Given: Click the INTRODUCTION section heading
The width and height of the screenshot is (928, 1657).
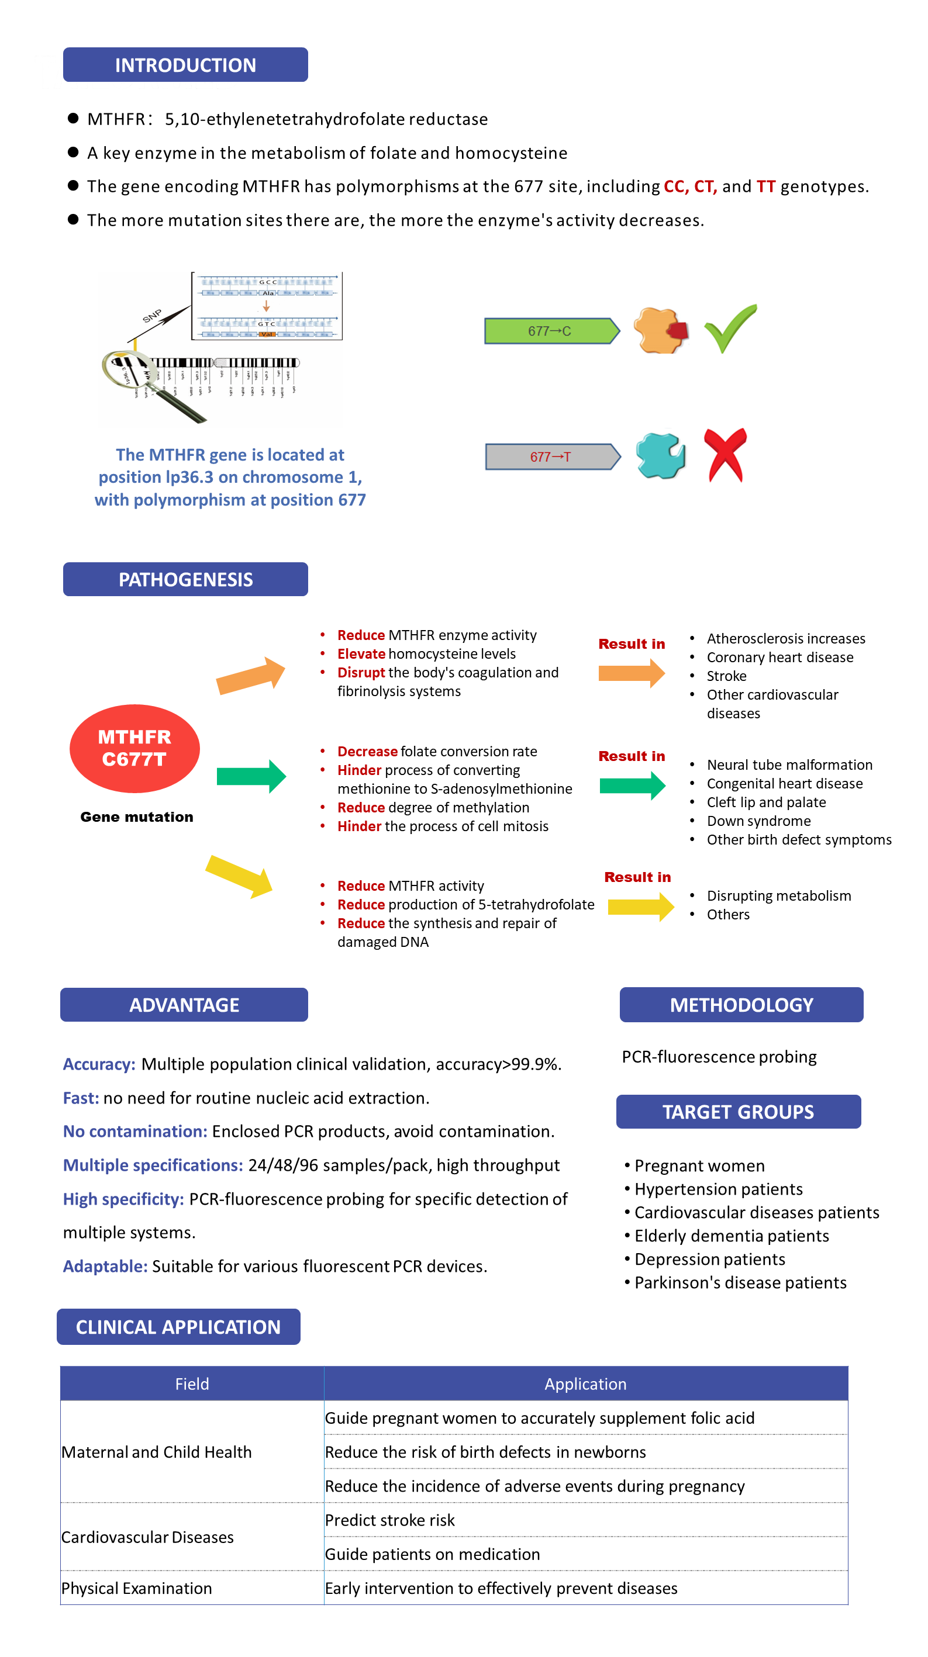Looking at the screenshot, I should point(185,65).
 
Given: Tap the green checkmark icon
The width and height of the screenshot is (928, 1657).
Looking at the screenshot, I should point(730,328).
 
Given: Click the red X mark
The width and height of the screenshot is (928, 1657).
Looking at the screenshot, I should point(725,455).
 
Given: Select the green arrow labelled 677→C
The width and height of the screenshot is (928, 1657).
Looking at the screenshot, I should point(551,331).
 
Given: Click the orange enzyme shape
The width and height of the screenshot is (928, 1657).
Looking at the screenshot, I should point(660,331).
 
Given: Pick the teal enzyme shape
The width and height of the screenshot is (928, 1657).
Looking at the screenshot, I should point(660,456).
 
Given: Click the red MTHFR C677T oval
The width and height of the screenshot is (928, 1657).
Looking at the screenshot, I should point(134,748).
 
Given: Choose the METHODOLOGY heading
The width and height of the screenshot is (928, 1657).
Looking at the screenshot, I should point(741,1005).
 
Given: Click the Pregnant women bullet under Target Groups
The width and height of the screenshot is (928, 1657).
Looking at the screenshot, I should point(699,1165).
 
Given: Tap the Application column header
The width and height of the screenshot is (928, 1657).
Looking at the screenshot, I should point(585,1383).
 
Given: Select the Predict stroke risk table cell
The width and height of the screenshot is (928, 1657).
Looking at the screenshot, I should point(390,1520).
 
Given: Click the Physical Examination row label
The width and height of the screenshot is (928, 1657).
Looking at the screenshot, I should point(136,1588).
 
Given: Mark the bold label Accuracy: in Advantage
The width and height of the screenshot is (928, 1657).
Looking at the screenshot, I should point(99,1064).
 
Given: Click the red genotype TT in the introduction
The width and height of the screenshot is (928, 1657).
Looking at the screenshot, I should point(766,186).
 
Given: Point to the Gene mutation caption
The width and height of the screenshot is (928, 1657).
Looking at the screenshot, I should point(136,817).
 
